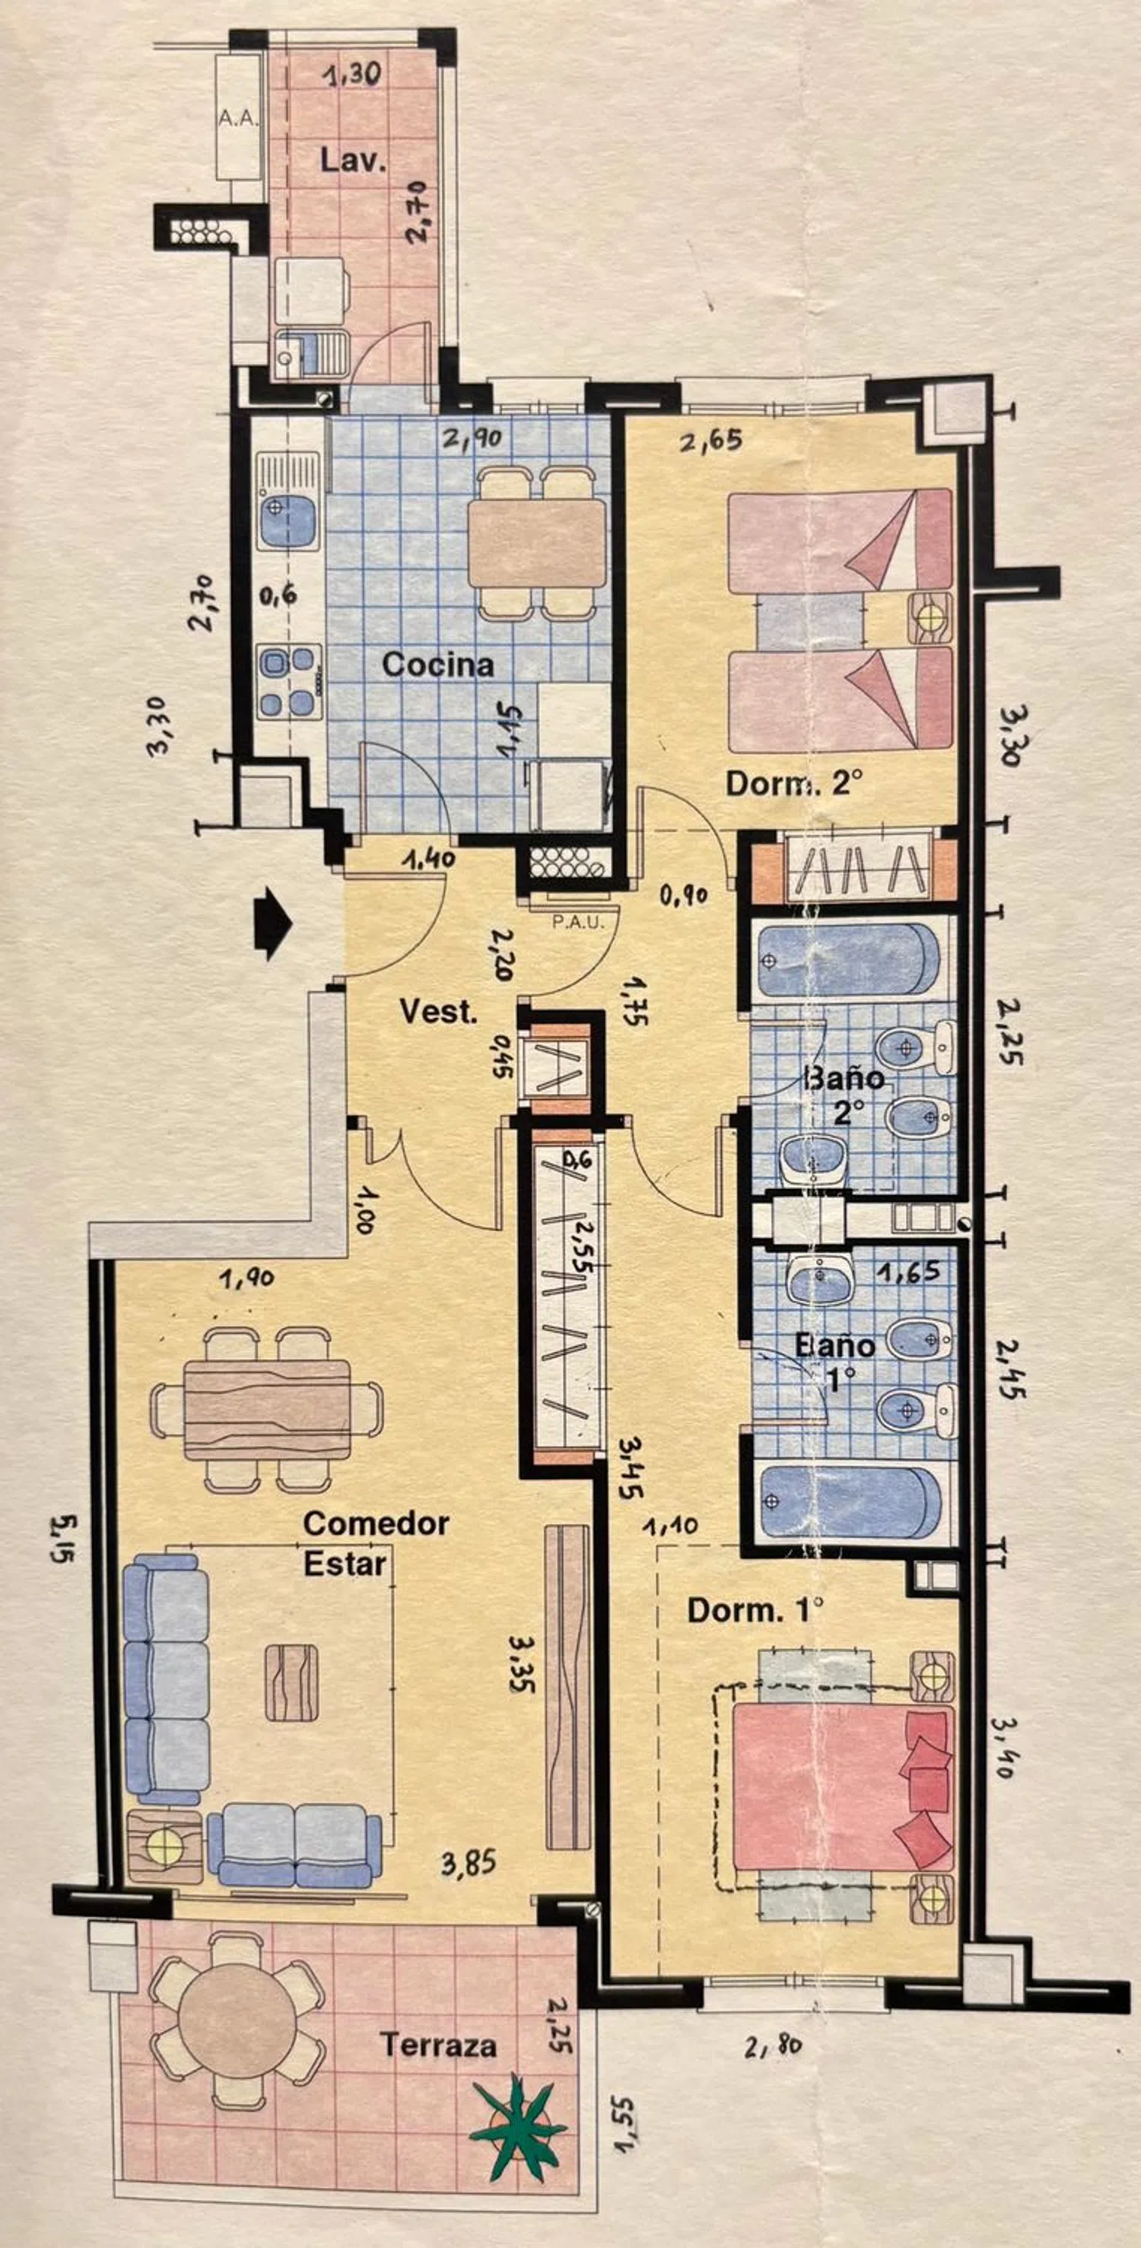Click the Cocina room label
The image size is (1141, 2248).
coord(438,665)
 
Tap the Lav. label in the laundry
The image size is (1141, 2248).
coord(352,160)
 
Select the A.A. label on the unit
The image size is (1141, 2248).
coord(238,119)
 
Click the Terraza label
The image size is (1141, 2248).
coord(438,2045)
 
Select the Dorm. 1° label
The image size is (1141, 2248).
coord(755,1610)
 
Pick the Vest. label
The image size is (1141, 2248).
coord(439,1012)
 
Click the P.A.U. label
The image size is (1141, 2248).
coord(578,922)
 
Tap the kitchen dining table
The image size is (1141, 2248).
coord(537,544)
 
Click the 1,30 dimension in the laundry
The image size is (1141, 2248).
coord(351,76)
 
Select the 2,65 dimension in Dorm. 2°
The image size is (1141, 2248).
coord(712,441)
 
